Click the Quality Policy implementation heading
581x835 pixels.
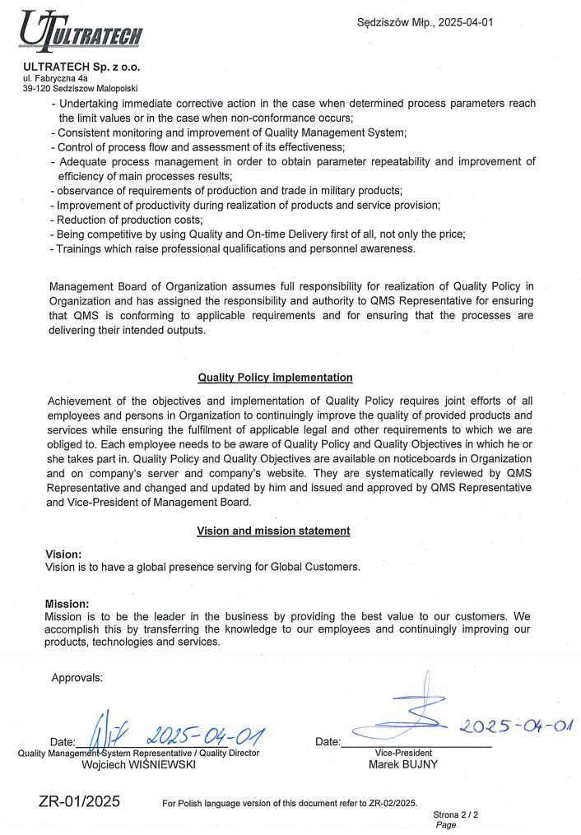(x=275, y=378)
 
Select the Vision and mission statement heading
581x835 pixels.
(x=273, y=531)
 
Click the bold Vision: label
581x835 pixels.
(x=63, y=554)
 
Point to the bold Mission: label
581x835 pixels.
(x=66, y=603)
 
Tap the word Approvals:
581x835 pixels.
(x=77, y=678)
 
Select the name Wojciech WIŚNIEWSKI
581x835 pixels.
(x=138, y=764)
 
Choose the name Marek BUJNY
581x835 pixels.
(x=403, y=763)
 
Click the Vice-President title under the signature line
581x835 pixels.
(x=403, y=752)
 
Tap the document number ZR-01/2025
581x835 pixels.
(x=79, y=800)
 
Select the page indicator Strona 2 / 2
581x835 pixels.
(x=456, y=814)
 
